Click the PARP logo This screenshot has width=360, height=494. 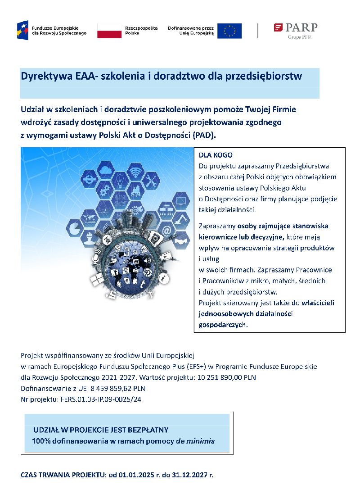296,28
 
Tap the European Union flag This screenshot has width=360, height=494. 229,31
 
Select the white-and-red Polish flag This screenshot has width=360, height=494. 109,31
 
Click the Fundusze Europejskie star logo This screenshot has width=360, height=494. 22,30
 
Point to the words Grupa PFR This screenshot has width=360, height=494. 299,37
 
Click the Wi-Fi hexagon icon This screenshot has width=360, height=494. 135,172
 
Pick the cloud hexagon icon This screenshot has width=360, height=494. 106,171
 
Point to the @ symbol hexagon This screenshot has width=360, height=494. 166,231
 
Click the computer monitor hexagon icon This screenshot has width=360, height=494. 181,199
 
